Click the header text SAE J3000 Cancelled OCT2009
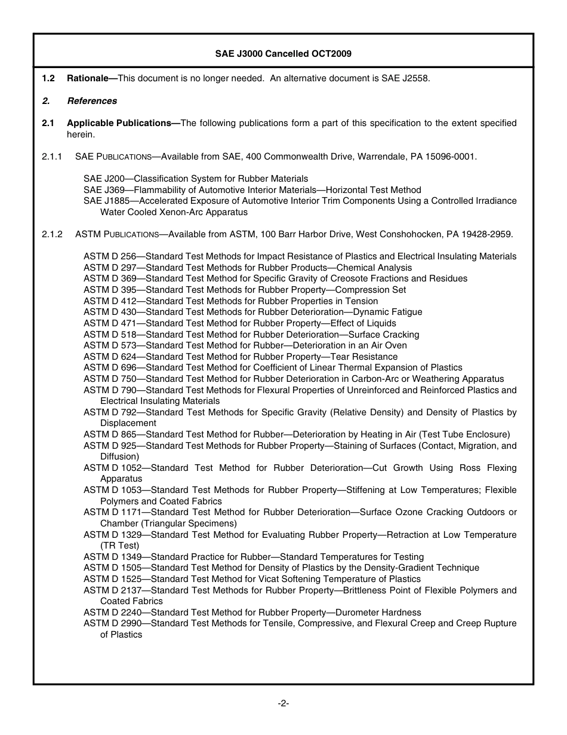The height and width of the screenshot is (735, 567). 283,54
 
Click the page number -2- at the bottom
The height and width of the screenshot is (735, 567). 283,703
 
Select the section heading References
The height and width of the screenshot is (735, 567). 92,101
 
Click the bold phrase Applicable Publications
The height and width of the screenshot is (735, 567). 121,123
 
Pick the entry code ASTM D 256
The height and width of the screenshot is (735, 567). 110,256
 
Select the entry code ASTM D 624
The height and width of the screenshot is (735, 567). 110,357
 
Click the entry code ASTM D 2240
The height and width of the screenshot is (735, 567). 112,612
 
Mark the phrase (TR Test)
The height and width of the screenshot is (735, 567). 119,546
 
